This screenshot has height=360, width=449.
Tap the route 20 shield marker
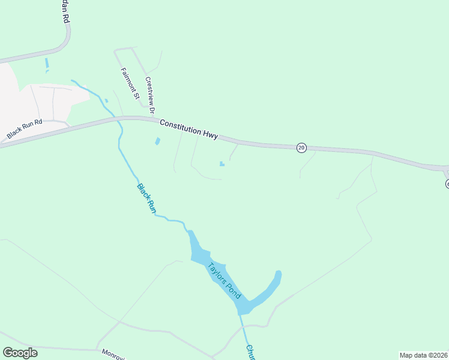[x=301, y=147]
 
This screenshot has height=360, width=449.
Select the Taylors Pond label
[x=224, y=281]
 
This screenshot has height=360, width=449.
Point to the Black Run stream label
[x=146, y=199]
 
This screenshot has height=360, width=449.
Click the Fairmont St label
[x=130, y=83]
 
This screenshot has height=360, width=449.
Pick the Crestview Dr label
[x=149, y=95]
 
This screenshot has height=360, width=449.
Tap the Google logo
[x=20, y=352]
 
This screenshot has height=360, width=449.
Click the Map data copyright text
[x=423, y=355]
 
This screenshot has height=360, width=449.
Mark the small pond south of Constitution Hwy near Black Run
[x=157, y=142]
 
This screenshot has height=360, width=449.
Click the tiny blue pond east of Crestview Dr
[x=222, y=163]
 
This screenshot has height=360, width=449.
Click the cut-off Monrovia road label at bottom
[x=113, y=355]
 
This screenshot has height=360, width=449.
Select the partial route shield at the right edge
[x=447, y=183]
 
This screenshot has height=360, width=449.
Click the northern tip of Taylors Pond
[x=190, y=233]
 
